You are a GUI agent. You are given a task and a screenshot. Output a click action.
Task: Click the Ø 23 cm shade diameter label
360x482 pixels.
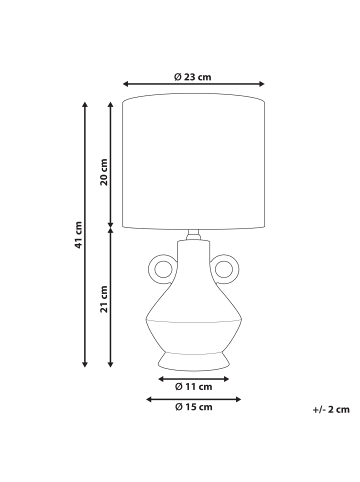pyautogui.click(x=193, y=77)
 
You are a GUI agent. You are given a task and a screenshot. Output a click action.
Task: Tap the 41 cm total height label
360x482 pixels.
pyautogui.click(x=78, y=235)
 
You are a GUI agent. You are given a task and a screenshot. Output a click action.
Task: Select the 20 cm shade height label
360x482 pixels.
pyautogui.click(x=105, y=172)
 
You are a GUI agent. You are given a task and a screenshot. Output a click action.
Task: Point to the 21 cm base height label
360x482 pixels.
pyautogui.click(x=105, y=299)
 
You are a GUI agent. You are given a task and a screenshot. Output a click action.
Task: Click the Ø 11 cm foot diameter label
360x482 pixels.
pyautogui.click(x=194, y=387)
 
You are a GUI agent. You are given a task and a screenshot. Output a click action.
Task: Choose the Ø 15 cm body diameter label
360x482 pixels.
pyautogui.click(x=194, y=407)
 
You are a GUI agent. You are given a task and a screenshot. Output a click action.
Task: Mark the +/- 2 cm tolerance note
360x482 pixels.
pyautogui.click(x=331, y=409)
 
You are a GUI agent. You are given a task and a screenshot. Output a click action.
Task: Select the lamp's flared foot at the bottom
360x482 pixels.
pyautogui.click(x=194, y=362)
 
